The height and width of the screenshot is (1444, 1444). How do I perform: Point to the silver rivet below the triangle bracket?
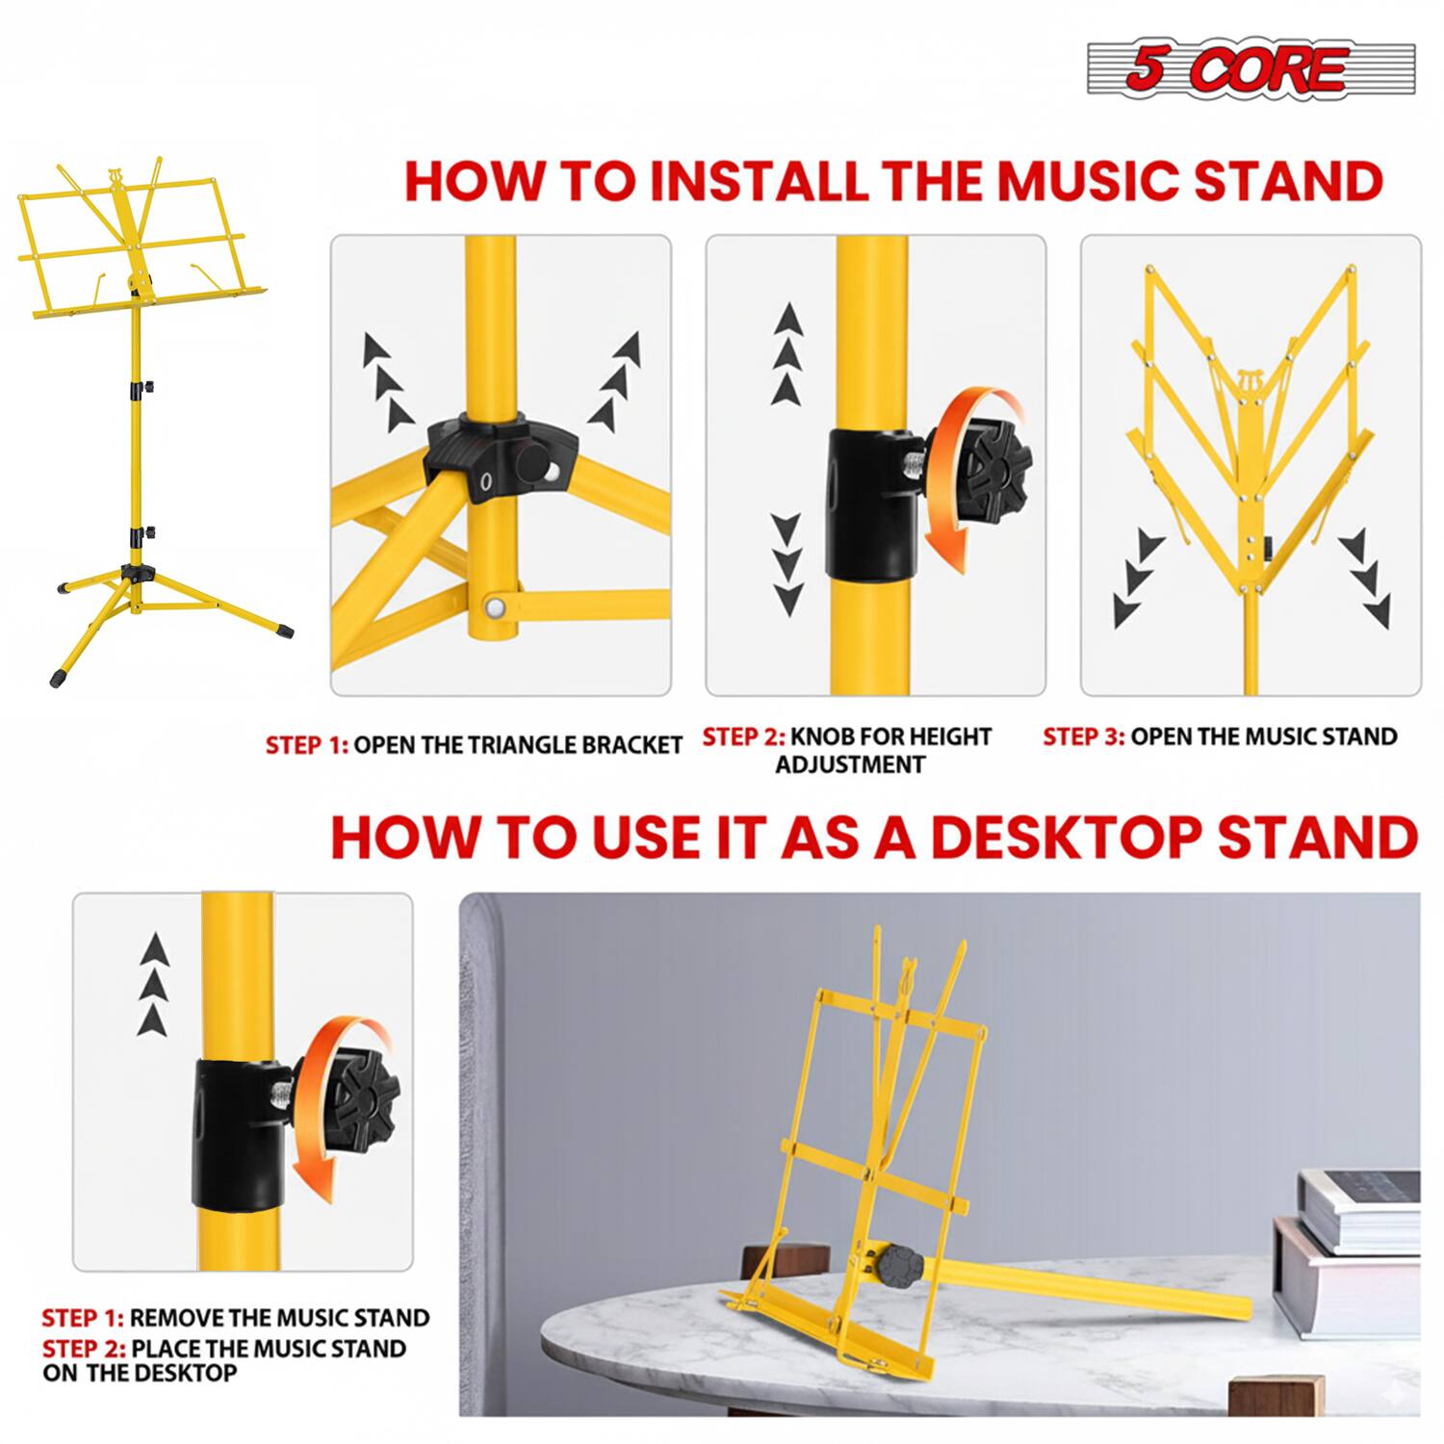(x=497, y=606)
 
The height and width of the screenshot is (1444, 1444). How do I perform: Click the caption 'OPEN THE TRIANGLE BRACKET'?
(x=518, y=745)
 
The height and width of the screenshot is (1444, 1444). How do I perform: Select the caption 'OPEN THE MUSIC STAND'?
(x=1263, y=736)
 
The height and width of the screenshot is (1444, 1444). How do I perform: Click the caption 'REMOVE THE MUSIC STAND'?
(x=279, y=1318)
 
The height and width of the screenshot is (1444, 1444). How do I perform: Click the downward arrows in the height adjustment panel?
(x=787, y=565)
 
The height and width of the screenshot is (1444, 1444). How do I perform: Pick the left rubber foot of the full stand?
(x=60, y=677)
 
